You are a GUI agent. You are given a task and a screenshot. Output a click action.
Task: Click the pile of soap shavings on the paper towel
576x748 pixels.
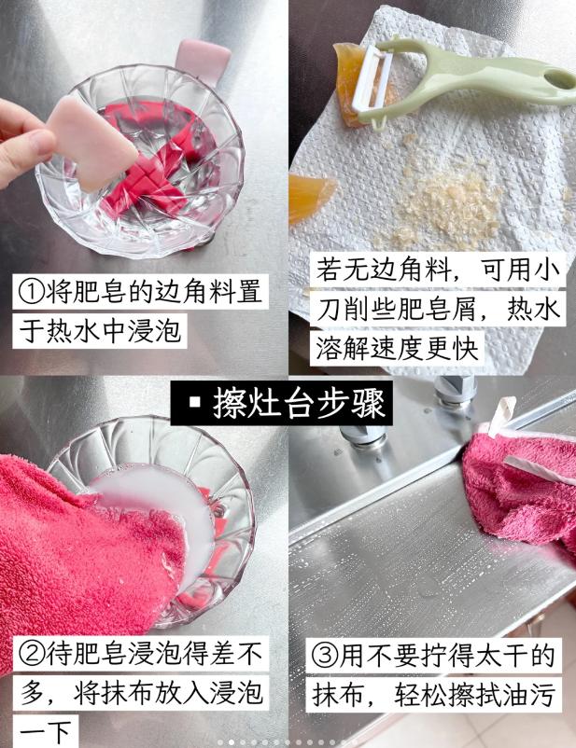(443, 201)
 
